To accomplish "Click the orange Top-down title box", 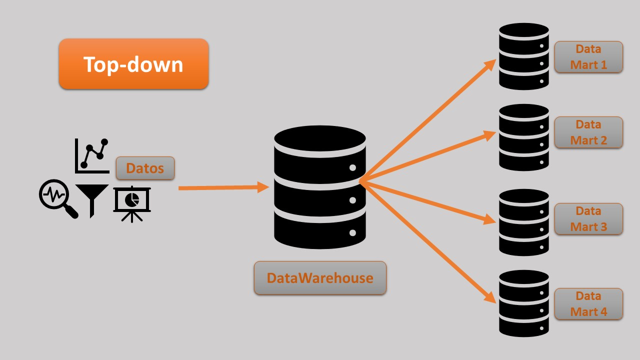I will click(133, 64).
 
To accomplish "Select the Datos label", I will click(145, 168).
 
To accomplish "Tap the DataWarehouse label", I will click(320, 278).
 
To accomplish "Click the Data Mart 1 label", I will click(588, 57).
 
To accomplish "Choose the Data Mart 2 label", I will click(588, 132).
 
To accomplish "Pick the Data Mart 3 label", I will click(588, 219).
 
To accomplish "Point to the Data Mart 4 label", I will click(588, 304).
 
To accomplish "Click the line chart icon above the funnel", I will click(92, 156).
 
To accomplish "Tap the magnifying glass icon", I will click(57, 198).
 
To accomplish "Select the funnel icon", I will click(91, 198).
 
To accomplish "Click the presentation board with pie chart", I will click(131, 203).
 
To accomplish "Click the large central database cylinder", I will click(320, 187).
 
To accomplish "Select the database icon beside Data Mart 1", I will click(523, 56).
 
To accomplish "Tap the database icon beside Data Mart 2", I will click(523, 137).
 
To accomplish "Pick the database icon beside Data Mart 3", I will click(523, 222).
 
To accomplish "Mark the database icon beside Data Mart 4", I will click(523, 303).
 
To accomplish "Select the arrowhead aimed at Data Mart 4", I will click(490, 298).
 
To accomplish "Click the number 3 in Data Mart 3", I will click(602, 227).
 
